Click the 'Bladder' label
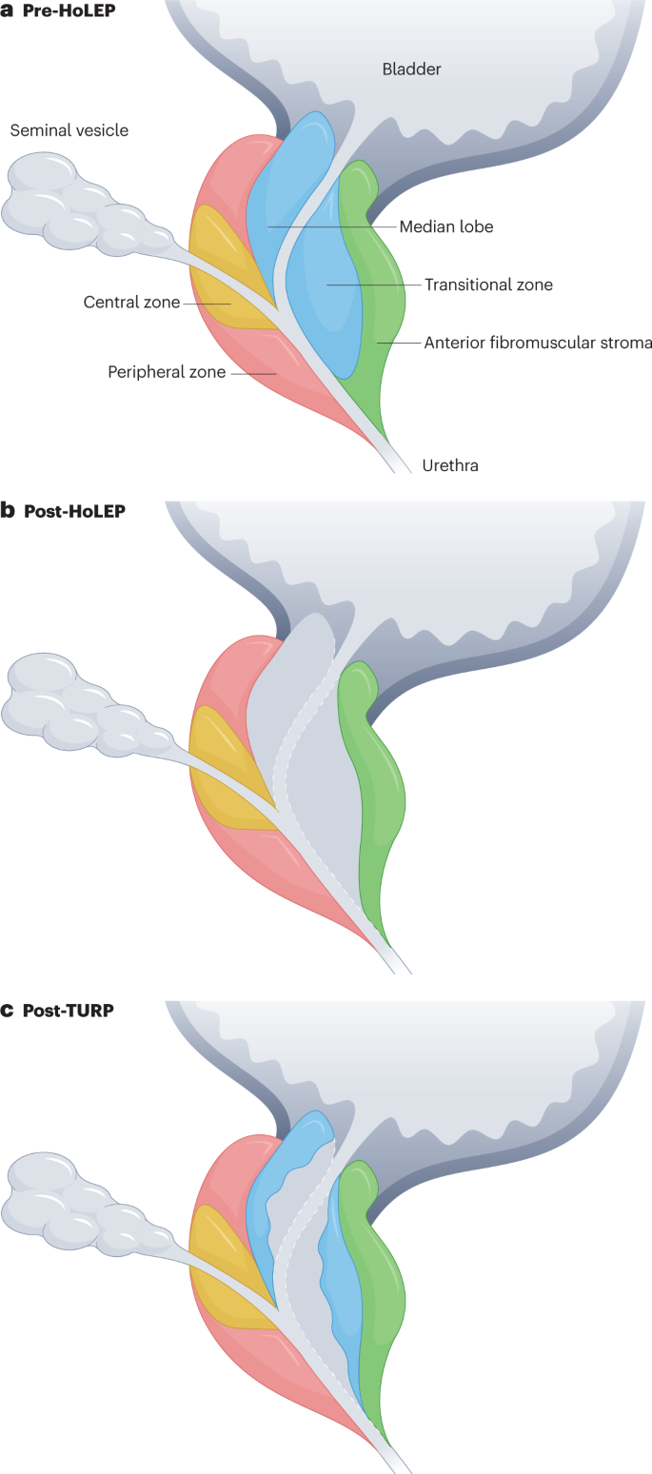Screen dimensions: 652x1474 pos(411,69)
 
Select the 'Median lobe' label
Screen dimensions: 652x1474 pos(445,226)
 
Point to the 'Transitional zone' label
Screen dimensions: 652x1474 pos(488,285)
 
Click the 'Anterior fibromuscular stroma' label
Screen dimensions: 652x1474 pos(538,343)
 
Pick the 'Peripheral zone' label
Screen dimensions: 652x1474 pos(167,372)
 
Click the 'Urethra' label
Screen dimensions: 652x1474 pos(449,465)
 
